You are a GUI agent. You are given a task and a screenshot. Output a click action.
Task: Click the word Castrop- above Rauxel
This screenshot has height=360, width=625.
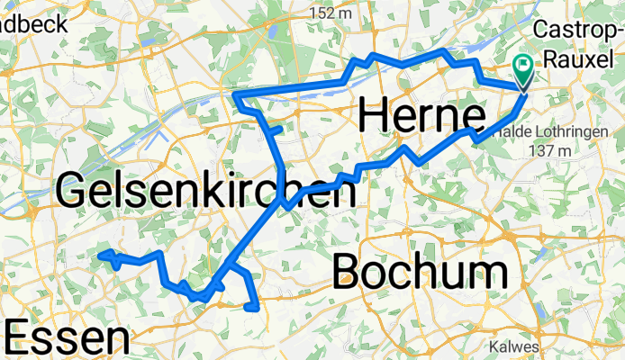tap(579, 29)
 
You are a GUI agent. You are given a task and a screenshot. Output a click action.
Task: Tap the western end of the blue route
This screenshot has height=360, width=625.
tap(99, 255)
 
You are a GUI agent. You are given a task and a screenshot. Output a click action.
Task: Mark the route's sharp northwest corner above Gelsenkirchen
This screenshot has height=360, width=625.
tap(235, 94)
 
